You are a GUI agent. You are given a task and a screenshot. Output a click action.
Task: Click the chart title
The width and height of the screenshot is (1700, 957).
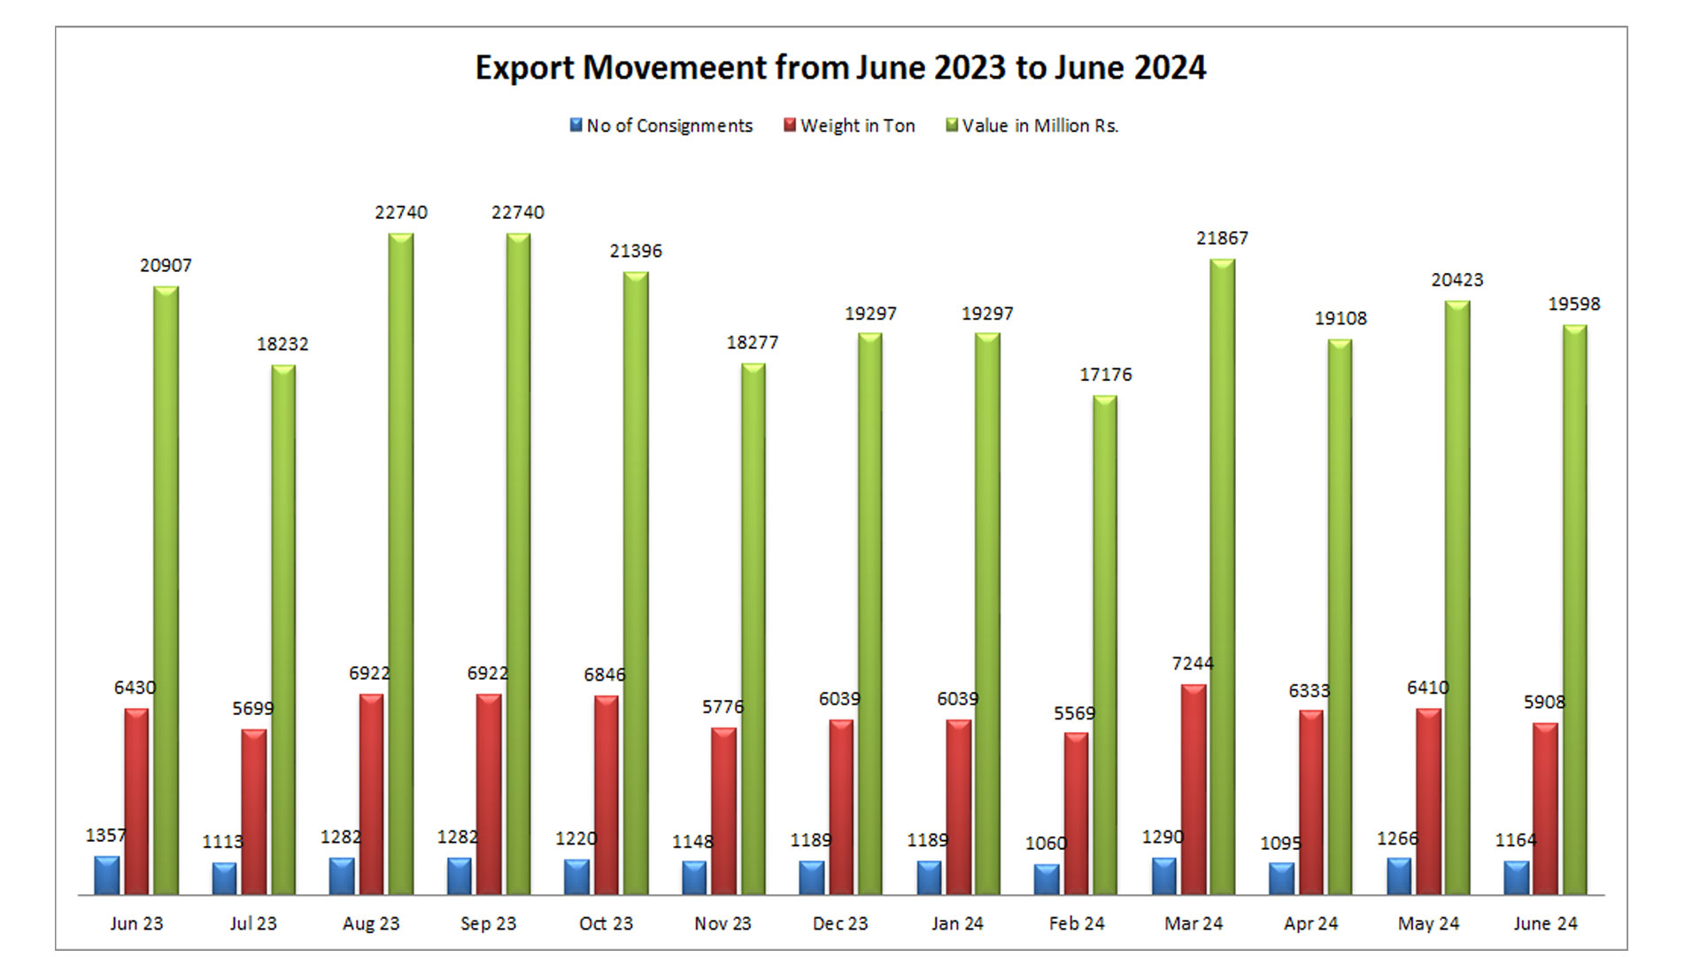(x=840, y=68)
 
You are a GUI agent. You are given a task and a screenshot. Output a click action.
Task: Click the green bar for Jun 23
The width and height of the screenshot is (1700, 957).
(x=166, y=589)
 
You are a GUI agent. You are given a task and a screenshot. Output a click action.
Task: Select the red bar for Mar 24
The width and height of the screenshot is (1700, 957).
(x=1193, y=789)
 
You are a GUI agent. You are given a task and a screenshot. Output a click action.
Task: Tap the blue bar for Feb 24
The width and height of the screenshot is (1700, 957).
(x=1047, y=879)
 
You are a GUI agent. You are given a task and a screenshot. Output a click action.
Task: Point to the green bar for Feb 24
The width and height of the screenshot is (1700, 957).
(x=1105, y=644)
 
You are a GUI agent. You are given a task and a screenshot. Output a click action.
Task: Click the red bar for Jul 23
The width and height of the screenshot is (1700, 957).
(x=254, y=811)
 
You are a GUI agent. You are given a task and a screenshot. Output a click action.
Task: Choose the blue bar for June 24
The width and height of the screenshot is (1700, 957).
(x=1516, y=877)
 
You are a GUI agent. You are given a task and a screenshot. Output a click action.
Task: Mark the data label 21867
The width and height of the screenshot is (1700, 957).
(x=1222, y=238)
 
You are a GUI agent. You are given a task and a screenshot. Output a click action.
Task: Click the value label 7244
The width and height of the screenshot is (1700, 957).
(x=1193, y=664)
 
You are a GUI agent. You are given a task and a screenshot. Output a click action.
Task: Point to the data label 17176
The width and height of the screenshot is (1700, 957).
(x=1105, y=375)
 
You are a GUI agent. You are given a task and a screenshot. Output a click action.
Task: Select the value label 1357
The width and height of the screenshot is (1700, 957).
(x=105, y=836)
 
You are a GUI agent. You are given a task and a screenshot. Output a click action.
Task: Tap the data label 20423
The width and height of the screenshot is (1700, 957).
(x=1457, y=280)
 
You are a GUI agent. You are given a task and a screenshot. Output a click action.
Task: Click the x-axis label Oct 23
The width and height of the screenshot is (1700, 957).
(x=606, y=923)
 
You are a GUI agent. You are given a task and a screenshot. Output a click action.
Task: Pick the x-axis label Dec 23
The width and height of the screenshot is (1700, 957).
(x=840, y=923)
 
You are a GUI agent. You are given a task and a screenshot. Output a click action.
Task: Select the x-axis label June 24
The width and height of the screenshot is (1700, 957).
(x=1545, y=923)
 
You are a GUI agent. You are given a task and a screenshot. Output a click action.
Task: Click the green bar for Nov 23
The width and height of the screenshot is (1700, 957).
(x=753, y=628)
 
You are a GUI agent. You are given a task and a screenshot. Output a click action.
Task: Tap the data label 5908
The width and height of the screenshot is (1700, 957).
(x=1544, y=703)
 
